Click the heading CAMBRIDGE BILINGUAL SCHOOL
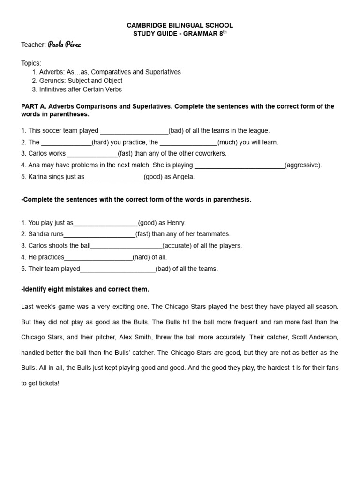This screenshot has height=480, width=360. [x=180, y=25]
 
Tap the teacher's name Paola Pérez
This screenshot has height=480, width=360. [x=67, y=45]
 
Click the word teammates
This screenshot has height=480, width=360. [x=212, y=234]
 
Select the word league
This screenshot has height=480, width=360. [x=259, y=131]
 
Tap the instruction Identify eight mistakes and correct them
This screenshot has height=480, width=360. [x=85, y=289]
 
